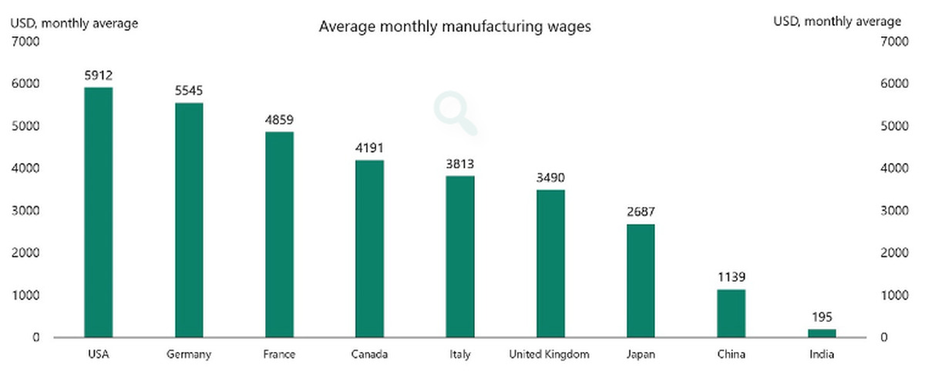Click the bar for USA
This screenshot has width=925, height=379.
pos(99,212)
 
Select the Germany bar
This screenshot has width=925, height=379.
pos(189,220)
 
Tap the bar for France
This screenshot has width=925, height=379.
pos(279,235)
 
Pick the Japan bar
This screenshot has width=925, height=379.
pos(641,280)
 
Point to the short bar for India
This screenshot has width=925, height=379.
pos(822,333)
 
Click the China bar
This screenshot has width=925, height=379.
pos(732,313)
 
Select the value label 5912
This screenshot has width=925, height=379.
pos(99,76)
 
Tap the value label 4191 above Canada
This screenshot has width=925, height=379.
pos(369,148)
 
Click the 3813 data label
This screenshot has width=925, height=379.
pos(460,164)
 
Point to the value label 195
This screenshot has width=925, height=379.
pos(822,317)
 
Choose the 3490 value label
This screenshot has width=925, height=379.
pos(550,178)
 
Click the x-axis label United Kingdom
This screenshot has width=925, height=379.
pos(550,355)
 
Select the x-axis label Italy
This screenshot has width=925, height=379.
pos(460,355)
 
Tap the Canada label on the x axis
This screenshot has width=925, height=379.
pos(369,355)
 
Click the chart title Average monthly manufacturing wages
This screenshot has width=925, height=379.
pos(456,28)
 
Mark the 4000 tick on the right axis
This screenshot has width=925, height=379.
pos(891,169)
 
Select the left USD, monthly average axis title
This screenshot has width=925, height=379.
pos(74,23)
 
